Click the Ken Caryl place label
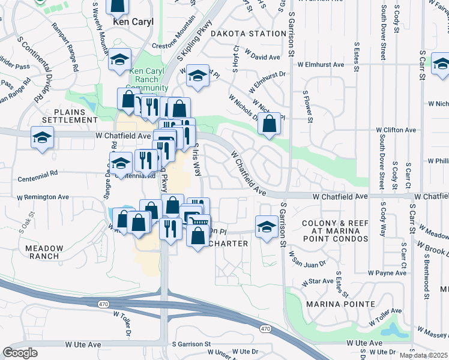[133, 22]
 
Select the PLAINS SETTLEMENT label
[75, 115]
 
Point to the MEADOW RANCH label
[42, 252]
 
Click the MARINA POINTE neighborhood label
[340, 304]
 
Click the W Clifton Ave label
[396, 130]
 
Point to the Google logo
[20, 353]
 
